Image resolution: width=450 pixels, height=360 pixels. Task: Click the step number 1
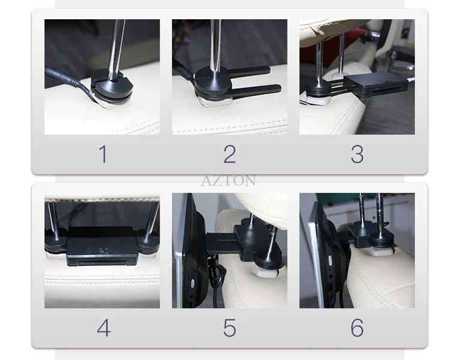[x=104, y=154]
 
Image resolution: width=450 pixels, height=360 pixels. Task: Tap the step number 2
[x=230, y=154]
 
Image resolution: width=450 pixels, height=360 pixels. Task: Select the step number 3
[x=357, y=154]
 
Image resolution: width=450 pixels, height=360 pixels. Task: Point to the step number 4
[x=104, y=328]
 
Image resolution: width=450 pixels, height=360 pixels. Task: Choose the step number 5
[x=230, y=328]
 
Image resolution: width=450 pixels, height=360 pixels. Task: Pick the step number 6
[x=357, y=328]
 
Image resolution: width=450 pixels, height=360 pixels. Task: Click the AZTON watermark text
[x=228, y=181]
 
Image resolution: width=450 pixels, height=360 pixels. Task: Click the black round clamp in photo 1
[x=112, y=85]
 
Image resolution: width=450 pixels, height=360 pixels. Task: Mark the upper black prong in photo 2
[x=248, y=71]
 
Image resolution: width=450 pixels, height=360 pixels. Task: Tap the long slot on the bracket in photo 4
[x=102, y=263]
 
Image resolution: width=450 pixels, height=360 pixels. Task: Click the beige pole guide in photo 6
[x=380, y=251]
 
